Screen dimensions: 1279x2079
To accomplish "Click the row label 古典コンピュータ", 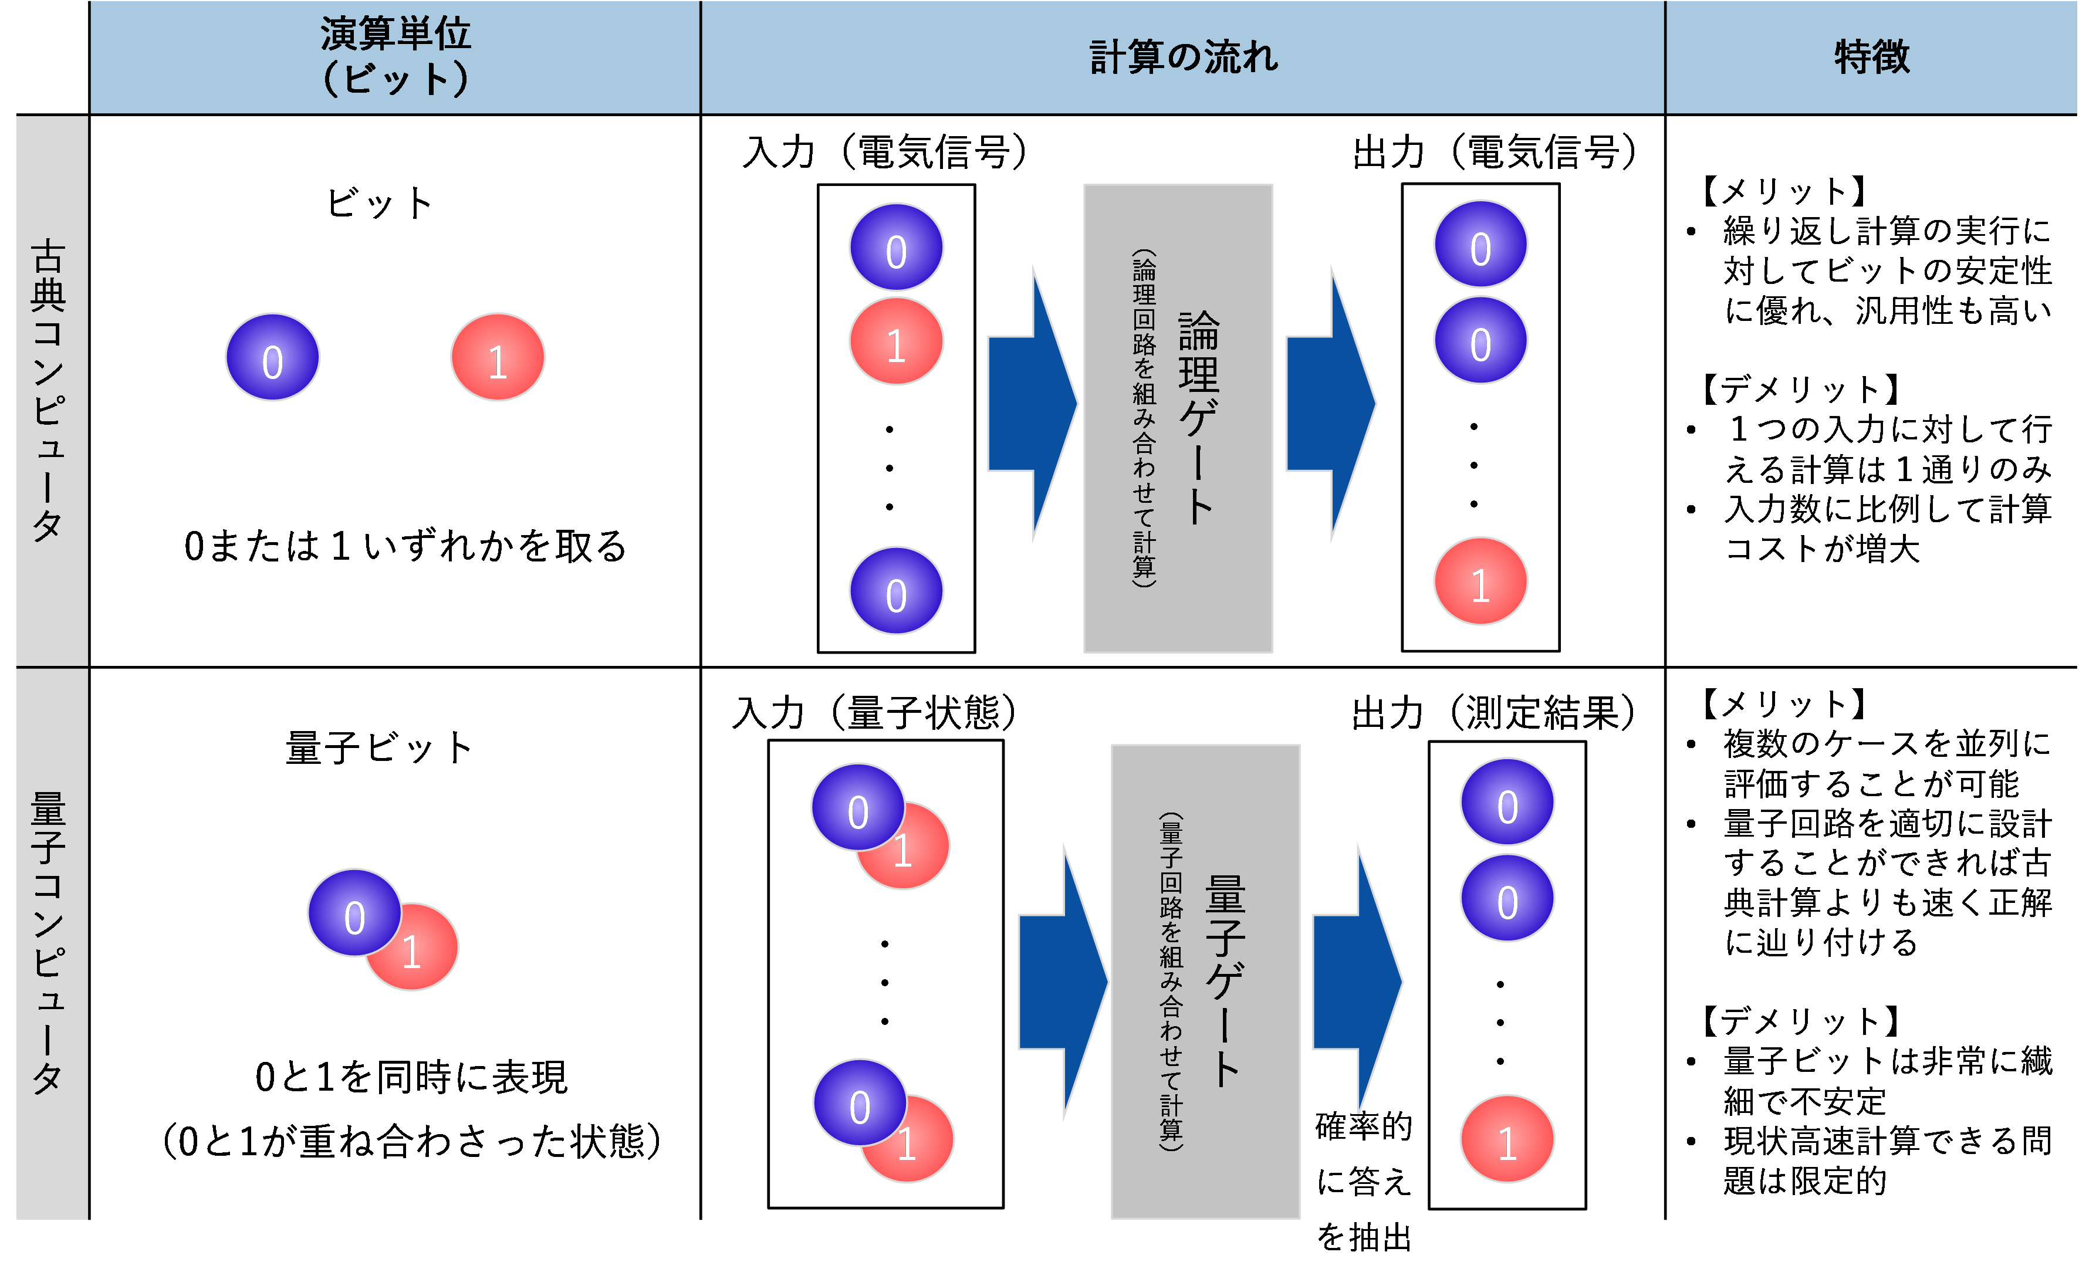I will (49, 389).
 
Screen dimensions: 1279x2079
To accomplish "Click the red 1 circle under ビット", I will (498, 358).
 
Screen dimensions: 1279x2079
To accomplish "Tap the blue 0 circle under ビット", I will (272, 358).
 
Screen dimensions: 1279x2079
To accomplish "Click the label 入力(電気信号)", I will (884, 153).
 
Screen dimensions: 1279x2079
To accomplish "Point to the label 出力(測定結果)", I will (1493, 712).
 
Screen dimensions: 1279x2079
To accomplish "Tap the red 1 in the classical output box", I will (1480, 582).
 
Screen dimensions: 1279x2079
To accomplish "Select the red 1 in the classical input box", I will (895, 341).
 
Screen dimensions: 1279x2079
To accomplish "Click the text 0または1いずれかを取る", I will (405, 546).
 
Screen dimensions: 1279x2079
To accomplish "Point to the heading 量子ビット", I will (378, 748).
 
